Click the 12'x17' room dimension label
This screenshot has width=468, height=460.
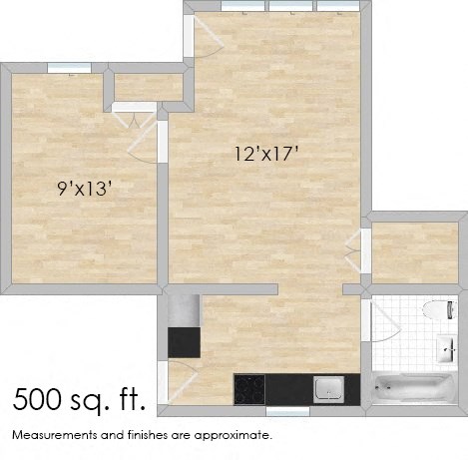pyautogui.click(x=266, y=154)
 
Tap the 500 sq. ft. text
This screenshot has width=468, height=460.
pyautogui.click(x=80, y=401)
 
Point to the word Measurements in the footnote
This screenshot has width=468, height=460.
pyautogui.click(x=50, y=436)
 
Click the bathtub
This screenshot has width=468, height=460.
pyautogui.click(x=409, y=391)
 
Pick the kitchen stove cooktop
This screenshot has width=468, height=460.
pyautogui.click(x=249, y=387)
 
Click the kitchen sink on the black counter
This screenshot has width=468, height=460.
pyautogui.click(x=328, y=387)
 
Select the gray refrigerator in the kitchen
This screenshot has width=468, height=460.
pyautogui.click(x=184, y=342)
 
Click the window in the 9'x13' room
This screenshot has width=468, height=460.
pyautogui.click(x=69, y=68)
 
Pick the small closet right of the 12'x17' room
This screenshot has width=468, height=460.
pyautogui.click(x=413, y=252)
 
